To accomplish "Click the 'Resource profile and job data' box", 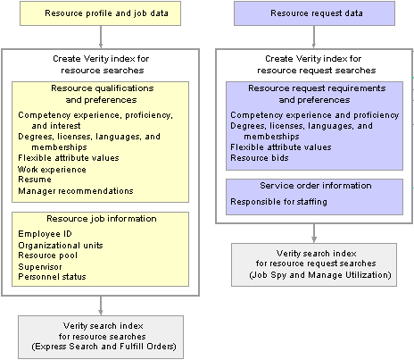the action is [100, 13].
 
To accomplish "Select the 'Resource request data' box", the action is [314, 13].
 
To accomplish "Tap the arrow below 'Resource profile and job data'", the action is [101, 37].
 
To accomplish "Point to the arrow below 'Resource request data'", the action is [314, 37].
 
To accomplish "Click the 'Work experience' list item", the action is [52, 170].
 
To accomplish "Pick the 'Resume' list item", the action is [35, 180].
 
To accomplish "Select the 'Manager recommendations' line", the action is [76, 191].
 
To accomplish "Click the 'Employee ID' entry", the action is [45, 234].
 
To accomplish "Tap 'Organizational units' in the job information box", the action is [61, 246].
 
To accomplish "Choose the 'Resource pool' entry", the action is [47, 255].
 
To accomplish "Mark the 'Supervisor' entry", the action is [40, 267].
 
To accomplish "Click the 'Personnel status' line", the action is [52, 277].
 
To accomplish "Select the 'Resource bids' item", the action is [260, 158].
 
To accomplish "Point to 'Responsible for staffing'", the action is [278, 202].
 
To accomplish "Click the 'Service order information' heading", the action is [316, 186].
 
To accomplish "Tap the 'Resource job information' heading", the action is [102, 219].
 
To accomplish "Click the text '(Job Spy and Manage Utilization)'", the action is [320, 275].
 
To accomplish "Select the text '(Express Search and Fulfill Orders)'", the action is [103, 347].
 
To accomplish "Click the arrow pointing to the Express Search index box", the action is [101, 306].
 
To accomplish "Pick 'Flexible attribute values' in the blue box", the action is [281, 147].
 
